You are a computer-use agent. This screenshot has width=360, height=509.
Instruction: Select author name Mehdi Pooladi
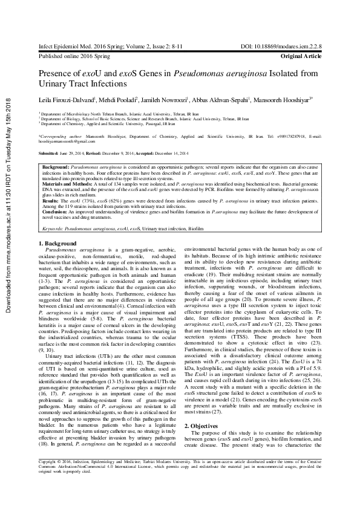tap(117, 100)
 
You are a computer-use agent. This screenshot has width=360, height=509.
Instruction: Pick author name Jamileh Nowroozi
tap(165, 100)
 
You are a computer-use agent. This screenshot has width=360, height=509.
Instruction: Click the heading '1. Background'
tap(58, 243)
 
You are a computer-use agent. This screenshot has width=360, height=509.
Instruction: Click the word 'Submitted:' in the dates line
tap(50, 155)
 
